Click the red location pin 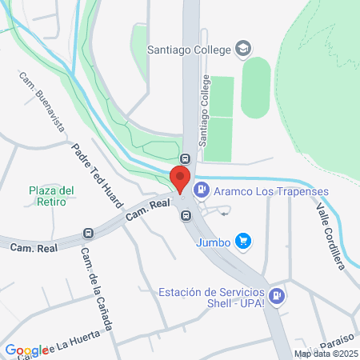(181, 178)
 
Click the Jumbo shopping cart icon (245, 241)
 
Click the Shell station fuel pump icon (277, 296)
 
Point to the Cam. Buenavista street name (45, 103)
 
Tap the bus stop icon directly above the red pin (186, 158)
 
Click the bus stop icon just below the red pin (186, 215)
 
